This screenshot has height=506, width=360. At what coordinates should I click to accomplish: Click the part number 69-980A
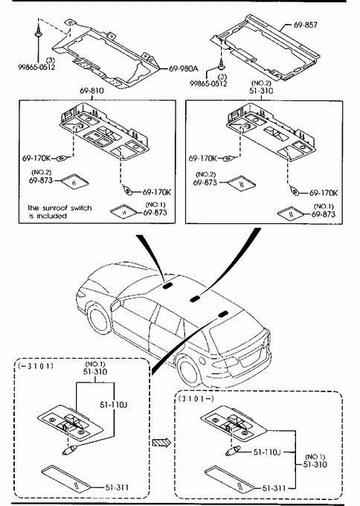[x=183, y=68]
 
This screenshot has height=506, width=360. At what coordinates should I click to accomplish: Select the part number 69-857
[x=306, y=25]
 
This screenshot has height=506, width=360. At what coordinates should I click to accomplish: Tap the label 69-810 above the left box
[x=92, y=91]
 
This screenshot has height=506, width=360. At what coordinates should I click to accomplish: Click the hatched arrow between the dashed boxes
[x=161, y=442]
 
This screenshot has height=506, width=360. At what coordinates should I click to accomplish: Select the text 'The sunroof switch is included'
[x=60, y=211]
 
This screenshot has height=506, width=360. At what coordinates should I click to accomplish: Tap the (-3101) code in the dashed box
[x=36, y=366]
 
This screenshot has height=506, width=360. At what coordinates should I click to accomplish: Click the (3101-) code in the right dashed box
[x=196, y=399]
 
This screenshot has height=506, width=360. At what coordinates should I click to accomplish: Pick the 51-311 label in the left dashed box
[x=117, y=487]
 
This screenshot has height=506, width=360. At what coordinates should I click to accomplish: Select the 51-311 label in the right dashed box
[x=274, y=488]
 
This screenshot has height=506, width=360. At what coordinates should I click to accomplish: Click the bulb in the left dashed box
[x=69, y=449]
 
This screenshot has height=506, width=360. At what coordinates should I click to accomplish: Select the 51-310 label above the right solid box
[x=261, y=91]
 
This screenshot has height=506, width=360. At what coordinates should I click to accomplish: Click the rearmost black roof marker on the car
[x=222, y=314]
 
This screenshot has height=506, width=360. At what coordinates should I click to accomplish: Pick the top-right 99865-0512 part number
[x=208, y=83]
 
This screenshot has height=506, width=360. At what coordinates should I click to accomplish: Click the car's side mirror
[x=115, y=305]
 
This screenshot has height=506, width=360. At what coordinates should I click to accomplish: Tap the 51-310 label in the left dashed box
[x=95, y=372]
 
